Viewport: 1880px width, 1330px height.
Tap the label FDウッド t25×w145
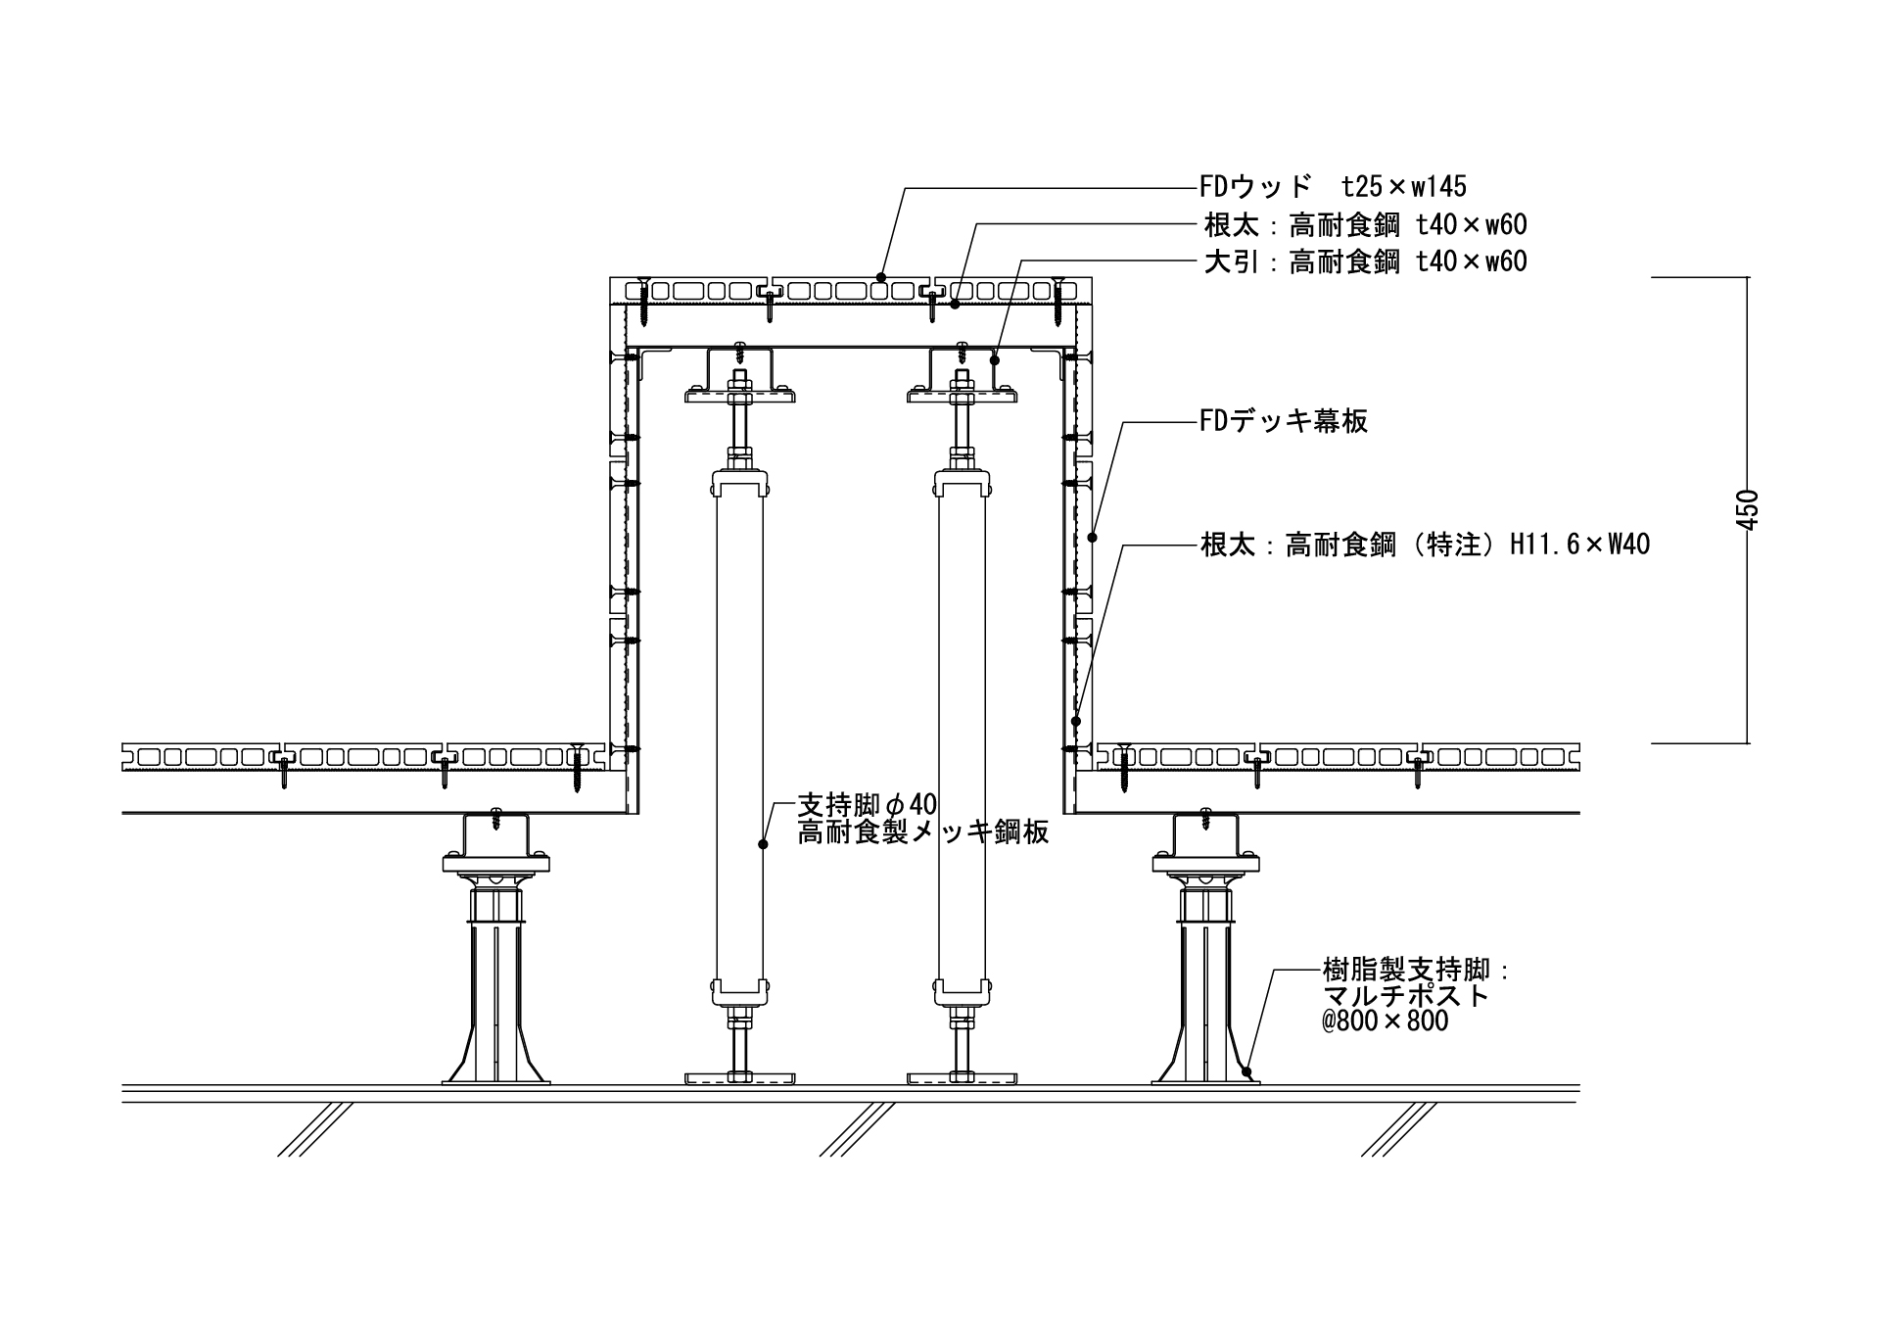coord(1333,186)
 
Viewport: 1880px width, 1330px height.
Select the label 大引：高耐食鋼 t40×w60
coord(1364,261)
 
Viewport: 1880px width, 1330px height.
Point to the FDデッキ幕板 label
coord(1283,421)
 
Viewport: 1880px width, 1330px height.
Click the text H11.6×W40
coord(1579,545)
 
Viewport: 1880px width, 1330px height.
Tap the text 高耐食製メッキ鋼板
coord(922,832)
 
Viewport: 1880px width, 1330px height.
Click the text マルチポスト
coord(1405,996)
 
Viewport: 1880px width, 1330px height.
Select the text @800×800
coord(1385,1021)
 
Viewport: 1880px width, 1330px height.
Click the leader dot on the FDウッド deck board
coord(879,276)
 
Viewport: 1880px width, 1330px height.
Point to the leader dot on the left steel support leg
coord(763,842)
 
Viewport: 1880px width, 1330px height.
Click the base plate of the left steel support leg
coord(739,1078)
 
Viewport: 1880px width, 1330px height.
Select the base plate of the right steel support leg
coord(962,1078)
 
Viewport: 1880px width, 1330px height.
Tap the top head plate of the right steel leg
coord(962,396)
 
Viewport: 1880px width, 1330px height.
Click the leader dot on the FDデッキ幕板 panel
coord(1093,537)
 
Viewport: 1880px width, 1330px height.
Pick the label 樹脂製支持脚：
coord(1416,971)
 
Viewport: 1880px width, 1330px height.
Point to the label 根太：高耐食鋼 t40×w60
coord(1364,225)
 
